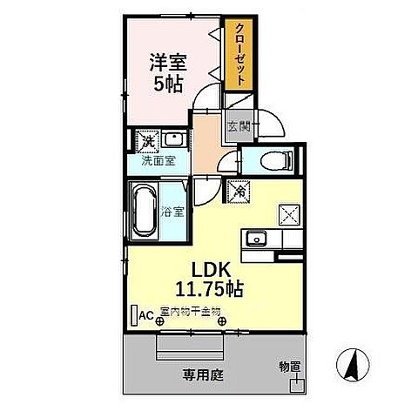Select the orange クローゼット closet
coord(238,53)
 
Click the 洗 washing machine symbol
coord(147,141)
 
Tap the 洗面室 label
coord(158,161)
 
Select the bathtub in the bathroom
coord(143,211)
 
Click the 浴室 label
coord(172,211)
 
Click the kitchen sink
coord(258,239)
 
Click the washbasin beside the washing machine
coord(173,139)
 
